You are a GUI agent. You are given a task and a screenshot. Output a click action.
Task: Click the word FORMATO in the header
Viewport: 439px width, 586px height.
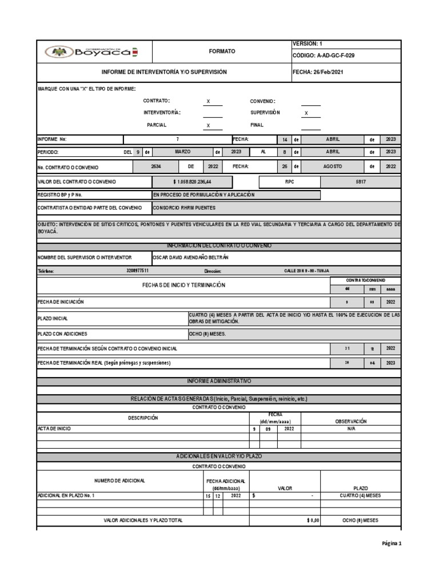(x=222, y=52)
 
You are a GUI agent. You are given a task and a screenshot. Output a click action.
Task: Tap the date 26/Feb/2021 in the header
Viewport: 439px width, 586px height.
(x=329, y=72)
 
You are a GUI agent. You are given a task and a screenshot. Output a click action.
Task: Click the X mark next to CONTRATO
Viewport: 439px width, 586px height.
(x=208, y=101)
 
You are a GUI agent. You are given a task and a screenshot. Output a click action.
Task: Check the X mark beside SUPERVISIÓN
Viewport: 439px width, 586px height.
(x=306, y=113)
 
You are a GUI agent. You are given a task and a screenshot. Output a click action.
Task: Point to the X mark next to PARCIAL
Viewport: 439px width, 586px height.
(x=208, y=125)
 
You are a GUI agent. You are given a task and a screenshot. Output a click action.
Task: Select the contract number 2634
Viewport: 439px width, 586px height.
(x=156, y=167)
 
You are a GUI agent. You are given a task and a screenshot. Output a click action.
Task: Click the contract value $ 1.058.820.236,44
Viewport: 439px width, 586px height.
(x=192, y=181)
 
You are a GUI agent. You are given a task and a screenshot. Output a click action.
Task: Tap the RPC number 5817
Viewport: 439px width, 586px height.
(x=361, y=181)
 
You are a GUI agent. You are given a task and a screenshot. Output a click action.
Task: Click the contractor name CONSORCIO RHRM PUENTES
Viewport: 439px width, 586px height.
(x=185, y=208)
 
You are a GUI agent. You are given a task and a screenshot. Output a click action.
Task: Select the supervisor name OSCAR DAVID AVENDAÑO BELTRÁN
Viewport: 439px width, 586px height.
(x=193, y=258)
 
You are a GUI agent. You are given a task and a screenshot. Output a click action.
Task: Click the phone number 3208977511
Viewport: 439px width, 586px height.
(x=137, y=271)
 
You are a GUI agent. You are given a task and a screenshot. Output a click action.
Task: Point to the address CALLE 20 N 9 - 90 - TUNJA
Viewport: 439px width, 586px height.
(x=306, y=271)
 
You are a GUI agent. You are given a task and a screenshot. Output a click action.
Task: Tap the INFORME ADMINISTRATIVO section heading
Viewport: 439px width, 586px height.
(x=219, y=381)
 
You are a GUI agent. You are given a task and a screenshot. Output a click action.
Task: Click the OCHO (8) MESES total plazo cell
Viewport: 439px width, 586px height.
(x=360, y=520)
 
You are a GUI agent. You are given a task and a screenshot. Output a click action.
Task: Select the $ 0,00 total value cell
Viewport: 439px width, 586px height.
(x=313, y=520)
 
